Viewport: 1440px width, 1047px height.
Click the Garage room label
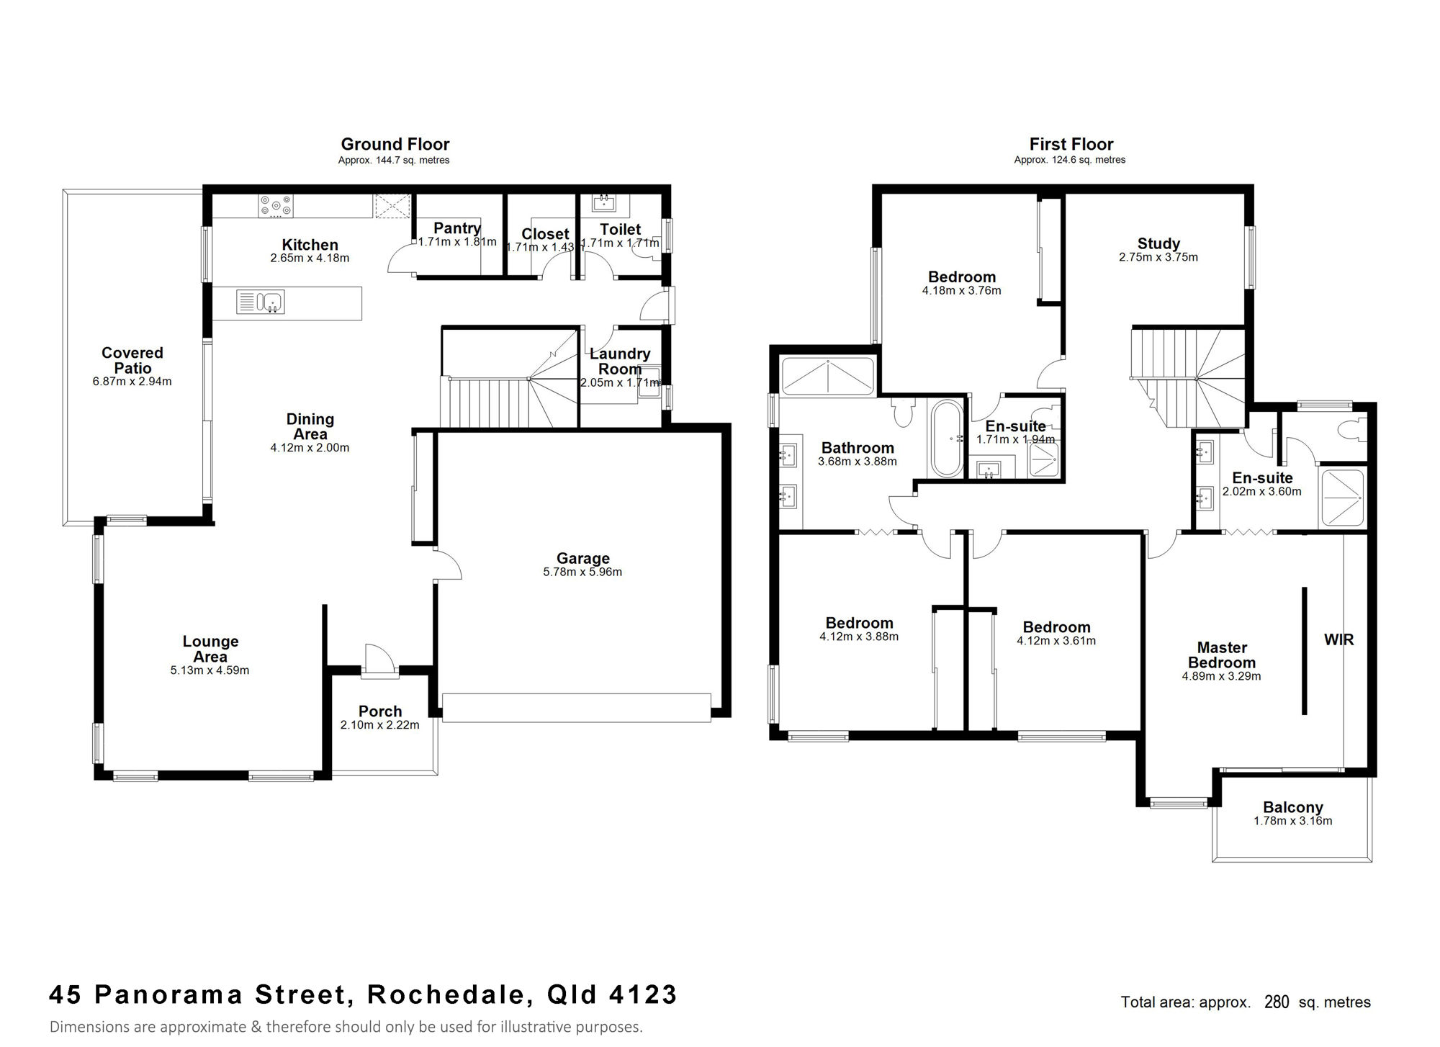[x=583, y=558]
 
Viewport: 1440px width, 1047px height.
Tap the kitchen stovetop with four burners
[x=276, y=205]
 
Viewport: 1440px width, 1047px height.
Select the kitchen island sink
[x=261, y=302]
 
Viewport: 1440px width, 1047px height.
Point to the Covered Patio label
[x=132, y=360]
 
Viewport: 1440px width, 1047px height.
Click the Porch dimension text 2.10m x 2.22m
[x=380, y=725]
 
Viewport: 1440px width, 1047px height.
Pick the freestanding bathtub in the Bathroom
[x=948, y=439]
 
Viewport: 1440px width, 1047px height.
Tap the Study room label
[x=1158, y=243]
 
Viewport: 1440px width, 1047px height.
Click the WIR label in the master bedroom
[x=1338, y=639]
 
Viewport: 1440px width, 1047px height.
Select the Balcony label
[x=1293, y=807]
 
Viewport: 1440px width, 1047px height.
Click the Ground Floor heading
[x=395, y=144]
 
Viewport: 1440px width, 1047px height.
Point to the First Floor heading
[x=1071, y=144]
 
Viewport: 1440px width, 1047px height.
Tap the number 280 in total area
[x=1277, y=1002]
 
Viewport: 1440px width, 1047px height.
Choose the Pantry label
[x=457, y=228]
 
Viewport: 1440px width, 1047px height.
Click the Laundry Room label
[x=620, y=361]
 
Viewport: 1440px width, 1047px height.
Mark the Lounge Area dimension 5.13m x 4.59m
[x=210, y=670]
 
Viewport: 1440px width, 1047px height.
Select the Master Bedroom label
[x=1222, y=655]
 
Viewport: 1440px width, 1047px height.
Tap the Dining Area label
[x=310, y=426]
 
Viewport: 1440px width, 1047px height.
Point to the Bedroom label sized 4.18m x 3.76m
[x=962, y=277]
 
